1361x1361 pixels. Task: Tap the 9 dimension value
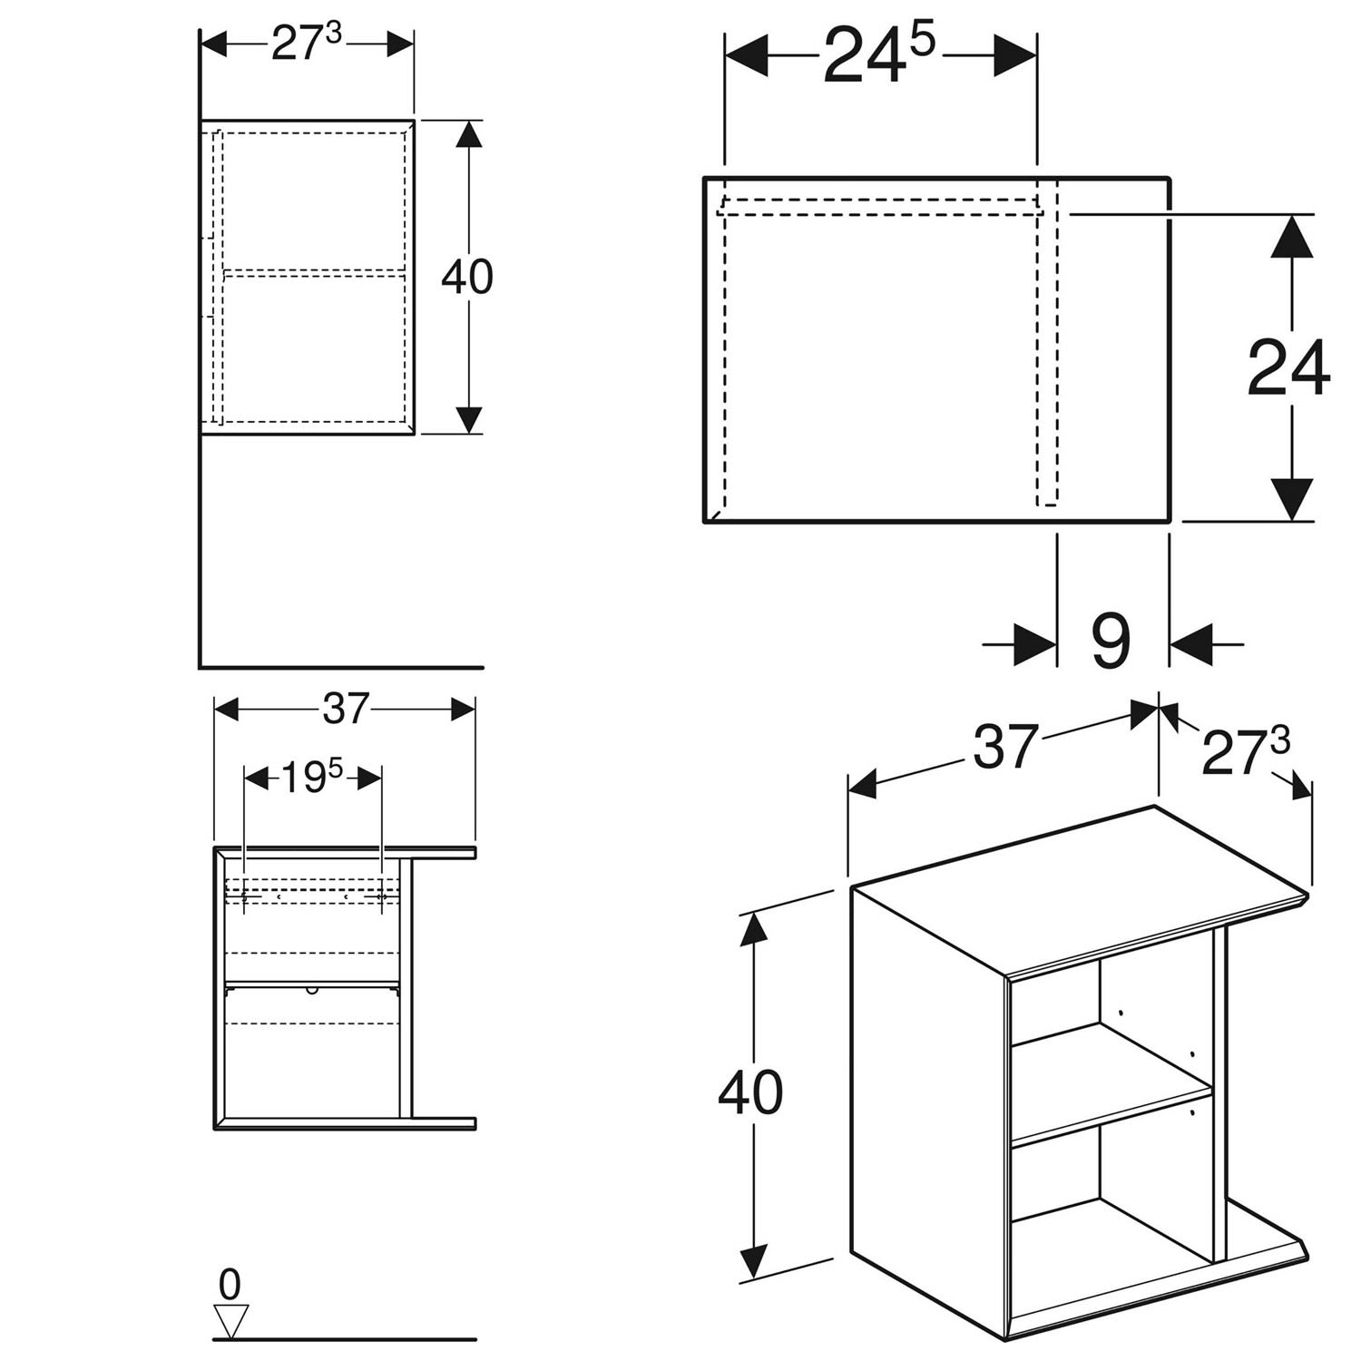pos(1111,641)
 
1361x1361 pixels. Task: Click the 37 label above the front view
pos(346,709)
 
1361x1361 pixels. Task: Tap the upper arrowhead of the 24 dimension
pos(1291,238)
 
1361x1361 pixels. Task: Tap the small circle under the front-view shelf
pos(313,989)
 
